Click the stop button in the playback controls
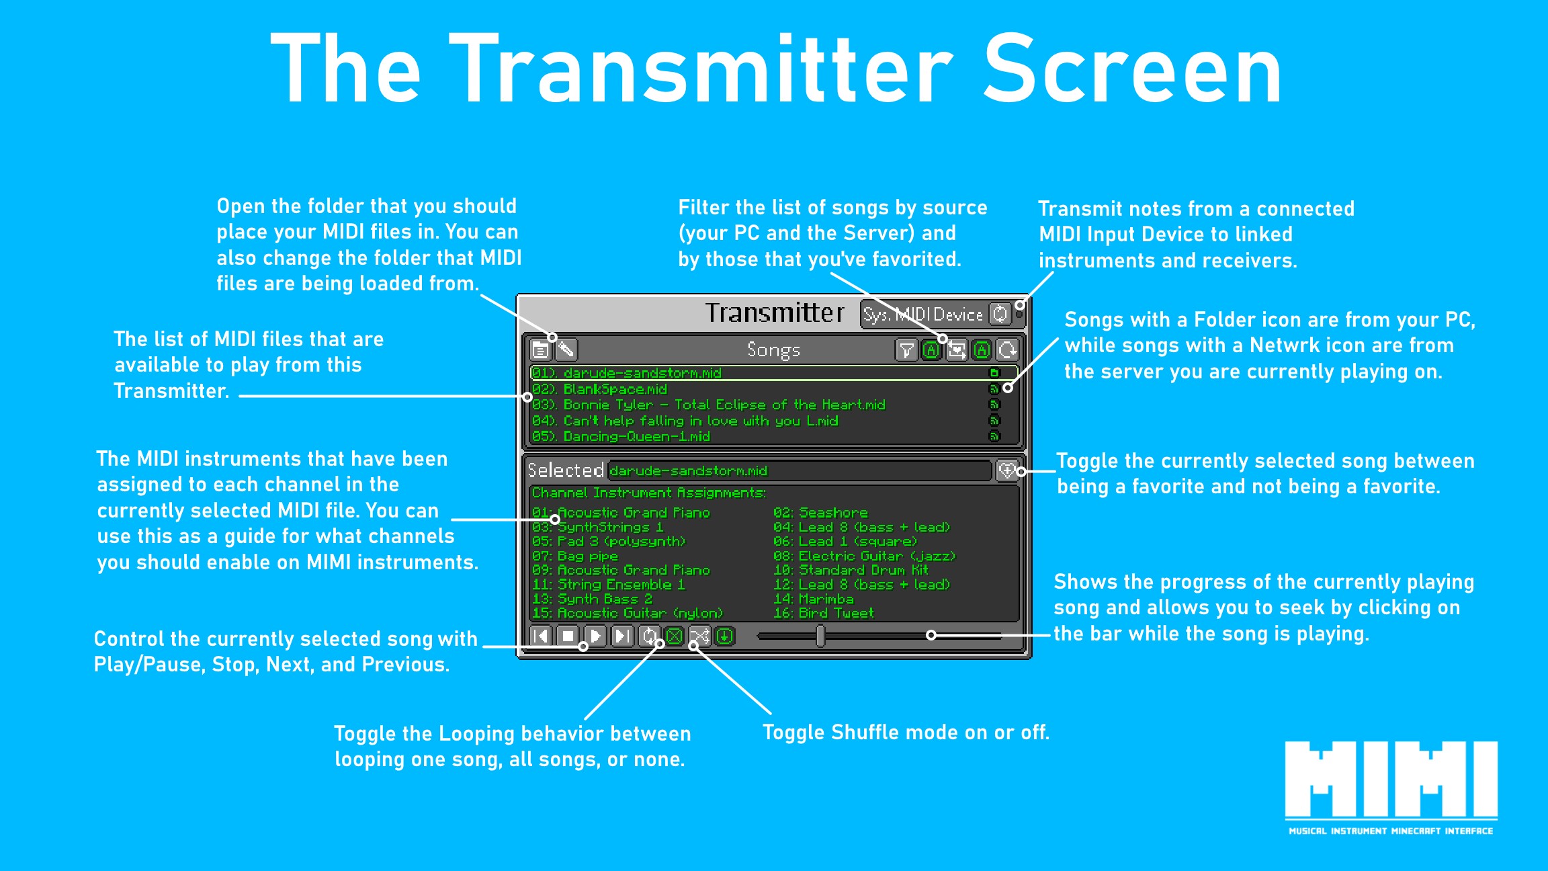coord(568,636)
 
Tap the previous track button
coord(541,636)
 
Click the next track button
coord(623,636)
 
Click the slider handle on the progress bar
coord(820,636)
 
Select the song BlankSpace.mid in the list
coord(615,389)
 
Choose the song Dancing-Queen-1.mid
coord(621,437)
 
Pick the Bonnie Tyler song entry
coord(709,405)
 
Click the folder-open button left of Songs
coord(540,349)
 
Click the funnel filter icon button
coord(906,349)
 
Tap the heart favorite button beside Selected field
coord(1006,470)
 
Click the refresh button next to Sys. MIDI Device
coord(1000,314)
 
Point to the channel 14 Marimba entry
coord(814,599)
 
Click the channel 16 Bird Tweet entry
coord(824,613)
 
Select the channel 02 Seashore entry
coord(820,513)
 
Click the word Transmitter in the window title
coord(775,313)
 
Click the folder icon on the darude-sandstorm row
coord(994,373)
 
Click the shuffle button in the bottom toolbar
coord(699,636)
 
